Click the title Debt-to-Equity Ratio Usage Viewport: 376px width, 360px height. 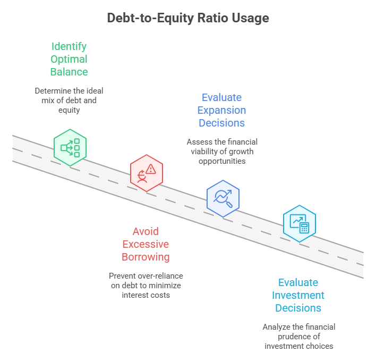[x=188, y=18]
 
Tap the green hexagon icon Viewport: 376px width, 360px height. [x=70, y=145]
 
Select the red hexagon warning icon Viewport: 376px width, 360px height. [x=147, y=173]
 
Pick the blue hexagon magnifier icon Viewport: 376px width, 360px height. [x=223, y=198]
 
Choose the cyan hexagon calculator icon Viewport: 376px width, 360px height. [x=300, y=223]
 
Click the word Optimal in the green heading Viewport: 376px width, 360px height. [x=69, y=58]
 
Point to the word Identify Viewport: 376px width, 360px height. [x=69, y=46]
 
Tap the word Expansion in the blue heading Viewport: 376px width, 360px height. [x=221, y=110]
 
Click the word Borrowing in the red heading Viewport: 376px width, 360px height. [x=146, y=257]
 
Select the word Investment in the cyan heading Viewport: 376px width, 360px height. [x=298, y=295]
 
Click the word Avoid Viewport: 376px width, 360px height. [x=146, y=231]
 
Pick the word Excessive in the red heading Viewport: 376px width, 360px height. [x=146, y=244]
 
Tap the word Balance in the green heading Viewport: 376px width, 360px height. [x=69, y=71]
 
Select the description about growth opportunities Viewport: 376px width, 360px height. [x=221, y=151]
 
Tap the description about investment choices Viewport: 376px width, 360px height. [x=298, y=336]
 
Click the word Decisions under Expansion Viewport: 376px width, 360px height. [x=221, y=123]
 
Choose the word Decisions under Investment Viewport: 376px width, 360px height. [x=298, y=308]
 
